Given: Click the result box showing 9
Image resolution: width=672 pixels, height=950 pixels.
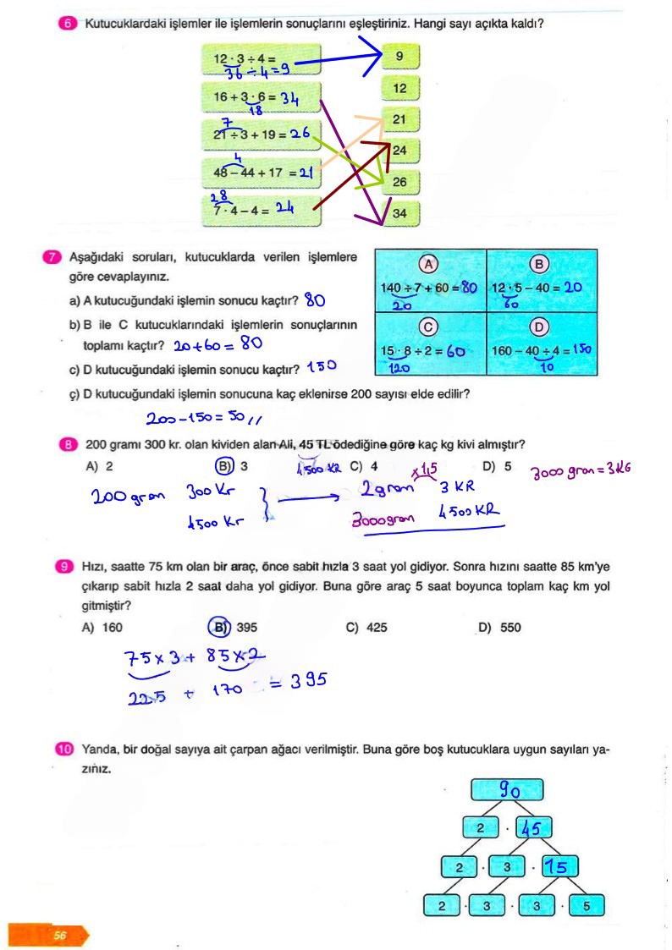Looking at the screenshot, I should click(400, 58).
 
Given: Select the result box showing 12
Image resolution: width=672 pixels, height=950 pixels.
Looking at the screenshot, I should click(400, 88).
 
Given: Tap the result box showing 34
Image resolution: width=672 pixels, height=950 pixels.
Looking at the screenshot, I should click(400, 213).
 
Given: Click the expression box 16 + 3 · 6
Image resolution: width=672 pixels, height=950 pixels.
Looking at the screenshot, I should click(262, 100).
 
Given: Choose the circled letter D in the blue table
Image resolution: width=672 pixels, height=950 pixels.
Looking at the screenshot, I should click(540, 327).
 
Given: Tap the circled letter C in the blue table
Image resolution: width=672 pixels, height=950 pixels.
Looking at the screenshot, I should click(429, 327).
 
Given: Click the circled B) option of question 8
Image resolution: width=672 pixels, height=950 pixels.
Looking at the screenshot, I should click(224, 466).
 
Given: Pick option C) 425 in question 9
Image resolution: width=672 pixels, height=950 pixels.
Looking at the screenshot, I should click(366, 628).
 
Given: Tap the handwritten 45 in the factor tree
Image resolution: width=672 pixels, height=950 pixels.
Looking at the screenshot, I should click(537, 829).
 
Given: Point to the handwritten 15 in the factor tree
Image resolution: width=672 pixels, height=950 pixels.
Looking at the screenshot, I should click(559, 867).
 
